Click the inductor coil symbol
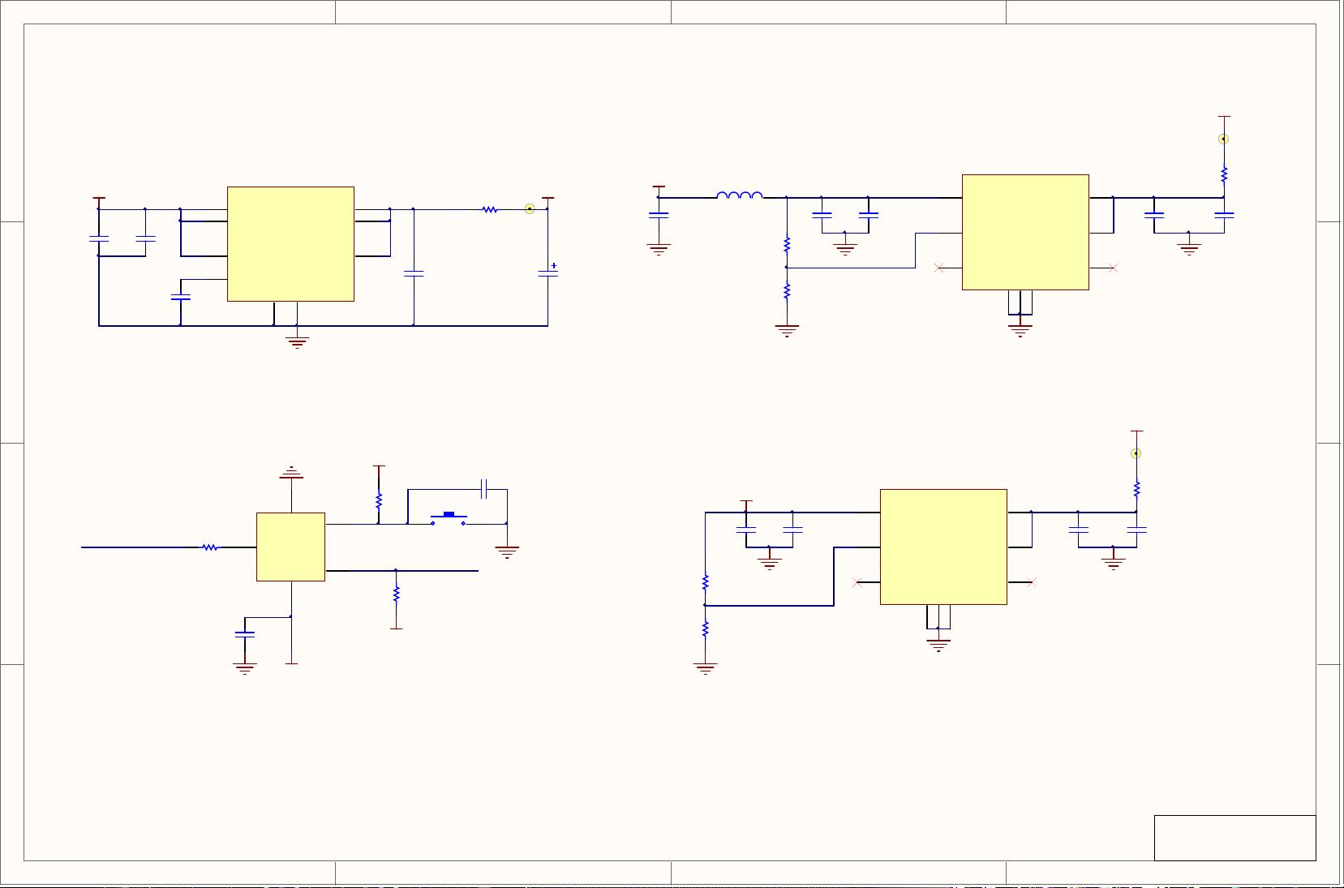[x=739, y=195]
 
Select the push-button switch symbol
[x=448, y=517]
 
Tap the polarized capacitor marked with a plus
[x=548, y=273]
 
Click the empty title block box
[x=1235, y=838]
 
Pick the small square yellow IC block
[x=290, y=547]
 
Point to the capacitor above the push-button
[x=483, y=489]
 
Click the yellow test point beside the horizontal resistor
[x=530, y=208]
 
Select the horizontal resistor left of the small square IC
[x=210, y=547]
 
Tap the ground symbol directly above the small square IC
[x=291, y=473]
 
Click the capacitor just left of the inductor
[x=659, y=215]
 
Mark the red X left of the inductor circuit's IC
[x=938, y=268]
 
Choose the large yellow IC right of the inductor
[x=1025, y=232]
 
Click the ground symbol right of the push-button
[x=507, y=552]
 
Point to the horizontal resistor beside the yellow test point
[x=490, y=209]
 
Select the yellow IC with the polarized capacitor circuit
[x=290, y=244]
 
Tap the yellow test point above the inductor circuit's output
[x=1224, y=139]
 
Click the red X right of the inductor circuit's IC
[x=1113, y=268]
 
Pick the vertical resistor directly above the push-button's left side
[x=379, y=500]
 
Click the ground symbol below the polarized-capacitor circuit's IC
[x=298, y=341]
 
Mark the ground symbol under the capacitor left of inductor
[x=659, y=249]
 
